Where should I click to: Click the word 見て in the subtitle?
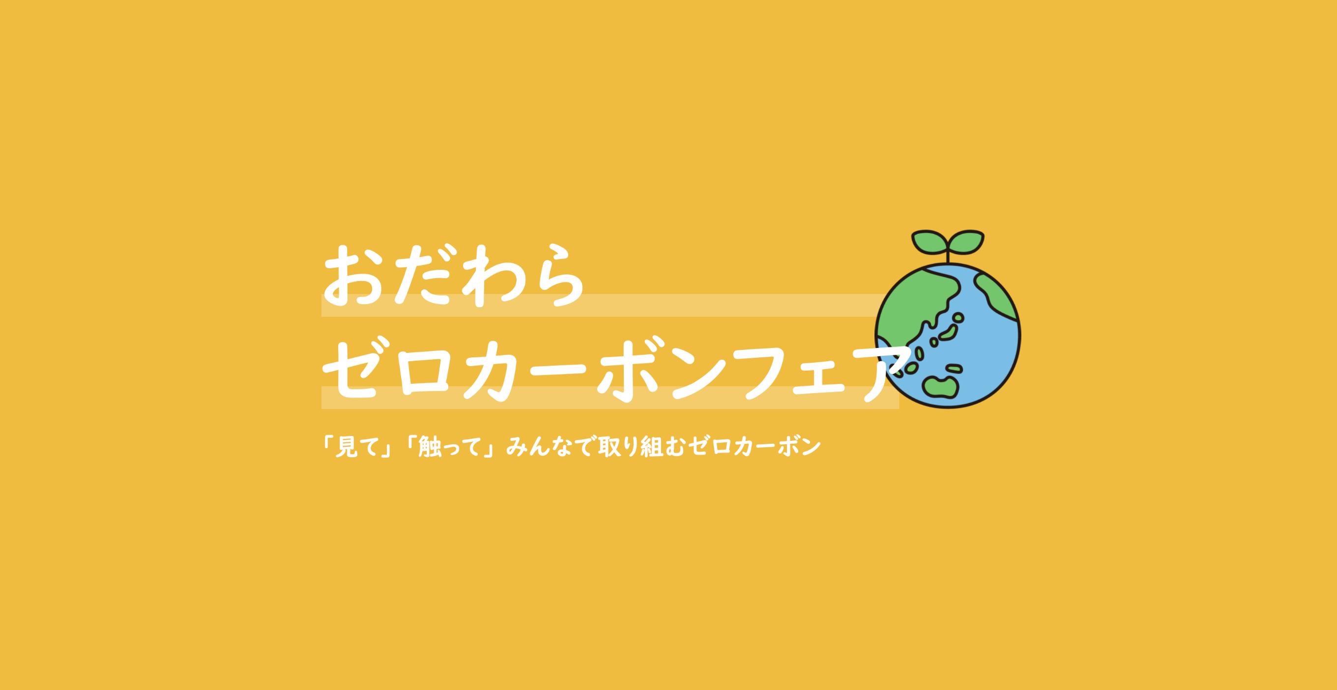click(x=360, y=447)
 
